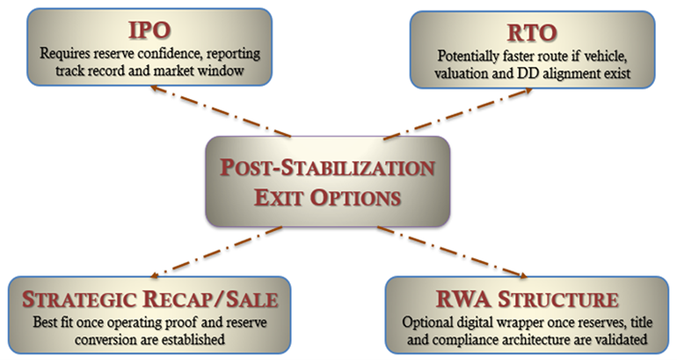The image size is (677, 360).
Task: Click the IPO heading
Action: click(x=150, y=30)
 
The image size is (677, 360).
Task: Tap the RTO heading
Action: click(x=532, y=33)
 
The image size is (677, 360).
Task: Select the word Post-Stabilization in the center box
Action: click(x=327, y=168)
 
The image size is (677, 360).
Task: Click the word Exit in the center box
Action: click(x=278, y=197)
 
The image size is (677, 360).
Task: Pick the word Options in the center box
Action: click(x=355, y=197)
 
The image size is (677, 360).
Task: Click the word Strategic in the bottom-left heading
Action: click(x=79, y=299)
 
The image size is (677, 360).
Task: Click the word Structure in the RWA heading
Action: click(x=558, y=299)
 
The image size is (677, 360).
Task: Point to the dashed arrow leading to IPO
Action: click(x=221, y=111)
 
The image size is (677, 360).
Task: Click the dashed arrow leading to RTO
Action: click(x=458, y=114)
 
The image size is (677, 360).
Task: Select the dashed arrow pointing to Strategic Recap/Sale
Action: click(x=217, y=252)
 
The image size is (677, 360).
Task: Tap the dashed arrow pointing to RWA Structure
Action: click(x=452, y=252)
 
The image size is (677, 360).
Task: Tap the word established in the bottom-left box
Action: click(x=193, y=340)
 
